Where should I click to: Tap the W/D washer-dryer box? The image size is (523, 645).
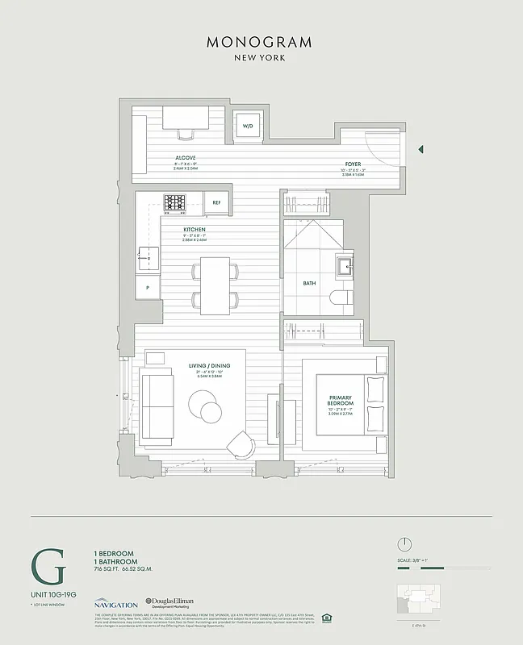point(247,126)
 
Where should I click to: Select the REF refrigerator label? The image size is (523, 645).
point(216,202)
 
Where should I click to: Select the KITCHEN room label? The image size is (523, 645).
point(195,229)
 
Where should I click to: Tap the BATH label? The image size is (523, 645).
point(309,283)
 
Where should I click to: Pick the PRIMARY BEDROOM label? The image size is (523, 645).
point(341,400)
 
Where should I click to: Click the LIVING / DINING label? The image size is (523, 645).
point(210,366)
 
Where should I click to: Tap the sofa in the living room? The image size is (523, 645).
point(157,406)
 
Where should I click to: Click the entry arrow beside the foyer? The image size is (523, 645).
point(420,149)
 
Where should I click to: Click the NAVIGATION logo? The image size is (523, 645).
point(115,603)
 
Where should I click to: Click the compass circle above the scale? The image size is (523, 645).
point(405,543)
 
